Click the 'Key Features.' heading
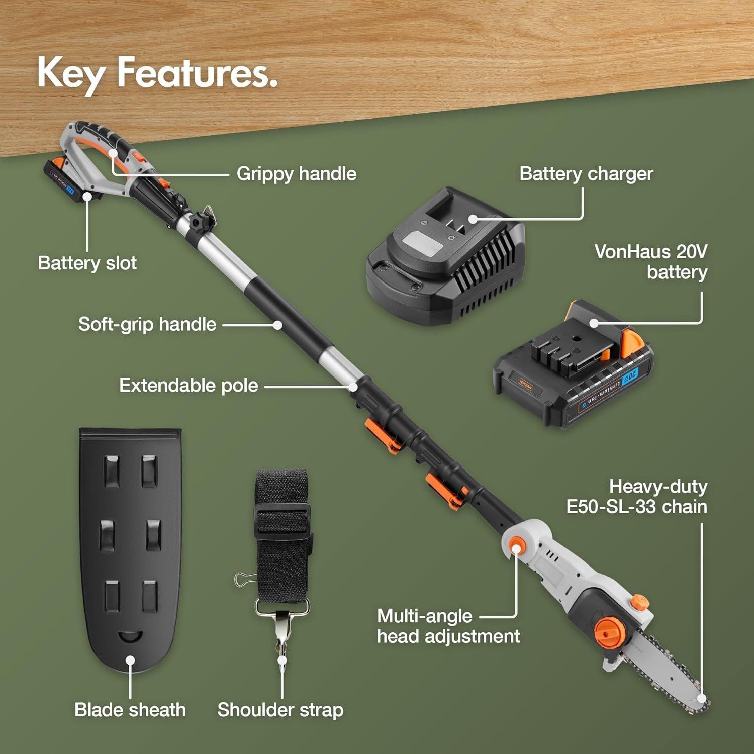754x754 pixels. point(157,73)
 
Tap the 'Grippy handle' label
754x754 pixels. point(297,174)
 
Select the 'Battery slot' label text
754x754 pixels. point(87,263)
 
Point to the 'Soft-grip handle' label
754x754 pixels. point(147,324)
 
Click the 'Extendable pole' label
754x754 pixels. point(189,386)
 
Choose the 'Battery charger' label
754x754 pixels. point(586,174)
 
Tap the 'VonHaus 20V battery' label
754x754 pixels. point(651,261)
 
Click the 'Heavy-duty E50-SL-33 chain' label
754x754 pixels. point(637,497)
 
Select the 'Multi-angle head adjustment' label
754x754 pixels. point(448,626)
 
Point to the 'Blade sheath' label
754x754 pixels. point(130,710)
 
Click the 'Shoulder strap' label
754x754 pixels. point(280,710)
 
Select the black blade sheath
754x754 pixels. point(131,543)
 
